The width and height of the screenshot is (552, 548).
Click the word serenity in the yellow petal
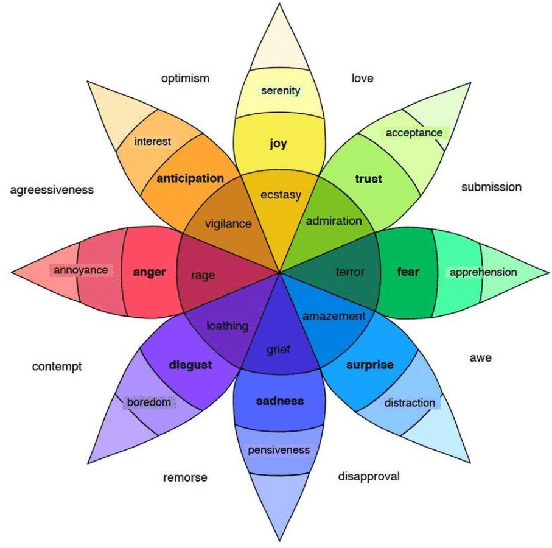281,91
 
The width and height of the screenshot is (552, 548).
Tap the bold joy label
278,144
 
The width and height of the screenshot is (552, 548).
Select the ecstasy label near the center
281,195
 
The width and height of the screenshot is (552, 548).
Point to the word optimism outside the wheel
185,78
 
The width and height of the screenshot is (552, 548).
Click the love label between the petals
362,78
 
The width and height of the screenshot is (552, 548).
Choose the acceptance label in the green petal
414,133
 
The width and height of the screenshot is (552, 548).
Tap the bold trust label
368,178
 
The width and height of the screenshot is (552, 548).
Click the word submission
491,187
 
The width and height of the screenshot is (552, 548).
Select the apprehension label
483,272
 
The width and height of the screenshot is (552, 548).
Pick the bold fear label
408,272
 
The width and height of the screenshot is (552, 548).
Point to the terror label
350,272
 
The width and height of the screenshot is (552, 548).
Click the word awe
480,357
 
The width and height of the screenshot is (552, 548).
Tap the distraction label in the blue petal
410,402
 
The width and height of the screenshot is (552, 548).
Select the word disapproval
369,476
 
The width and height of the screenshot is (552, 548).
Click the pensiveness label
279,450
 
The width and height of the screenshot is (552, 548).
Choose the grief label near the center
279,350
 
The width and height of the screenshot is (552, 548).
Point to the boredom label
148,402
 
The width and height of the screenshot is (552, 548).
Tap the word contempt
57,367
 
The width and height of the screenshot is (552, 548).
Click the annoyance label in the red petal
80,270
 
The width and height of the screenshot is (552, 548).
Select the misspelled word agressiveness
52,190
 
